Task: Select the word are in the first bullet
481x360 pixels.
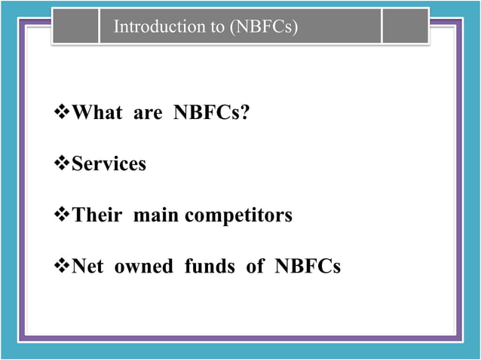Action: [x=147, y=114]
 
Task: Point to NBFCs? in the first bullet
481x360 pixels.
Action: [x=212, y=114]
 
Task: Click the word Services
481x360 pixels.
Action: [x=109, y=164]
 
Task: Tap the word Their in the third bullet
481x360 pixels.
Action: [x=97, y=215]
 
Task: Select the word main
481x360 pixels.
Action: [x=157, y=215]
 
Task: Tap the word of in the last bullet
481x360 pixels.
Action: [x=255, y=266]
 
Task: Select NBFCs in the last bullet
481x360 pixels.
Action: [x=308, y=266]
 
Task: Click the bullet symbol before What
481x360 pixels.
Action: [x=63, y=114]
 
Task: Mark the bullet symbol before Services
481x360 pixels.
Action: [x=63, y=164]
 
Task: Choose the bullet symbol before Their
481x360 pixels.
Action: [x=63, y=215]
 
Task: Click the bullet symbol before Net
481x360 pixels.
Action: [x=63, y=266]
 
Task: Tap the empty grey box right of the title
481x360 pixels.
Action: [x=404, y=26]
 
